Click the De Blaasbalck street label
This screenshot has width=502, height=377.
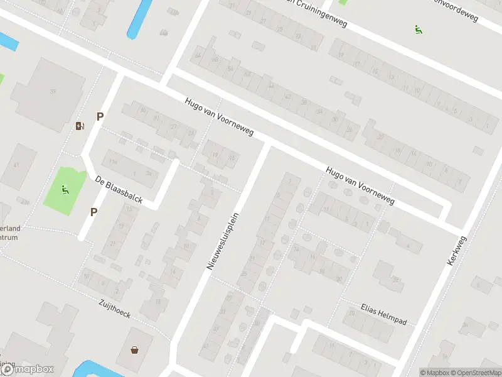(119, 190)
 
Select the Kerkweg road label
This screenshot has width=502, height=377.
(457, 246)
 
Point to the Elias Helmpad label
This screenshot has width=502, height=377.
(383, 314)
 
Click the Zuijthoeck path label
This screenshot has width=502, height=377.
(114, 309)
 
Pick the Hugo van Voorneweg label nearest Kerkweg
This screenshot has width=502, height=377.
(360, 186)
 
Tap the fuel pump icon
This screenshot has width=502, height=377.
(79, 126)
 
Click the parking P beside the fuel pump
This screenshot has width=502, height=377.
(99, 116)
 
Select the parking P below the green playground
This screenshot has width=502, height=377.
(93, 212)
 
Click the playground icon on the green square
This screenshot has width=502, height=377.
(65, 188)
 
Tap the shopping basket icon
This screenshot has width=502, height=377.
(134, 349)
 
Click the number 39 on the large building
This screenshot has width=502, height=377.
(53, 92)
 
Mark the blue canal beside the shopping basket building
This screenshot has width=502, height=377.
(94, 368)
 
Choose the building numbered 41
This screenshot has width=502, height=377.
(18, 165)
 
